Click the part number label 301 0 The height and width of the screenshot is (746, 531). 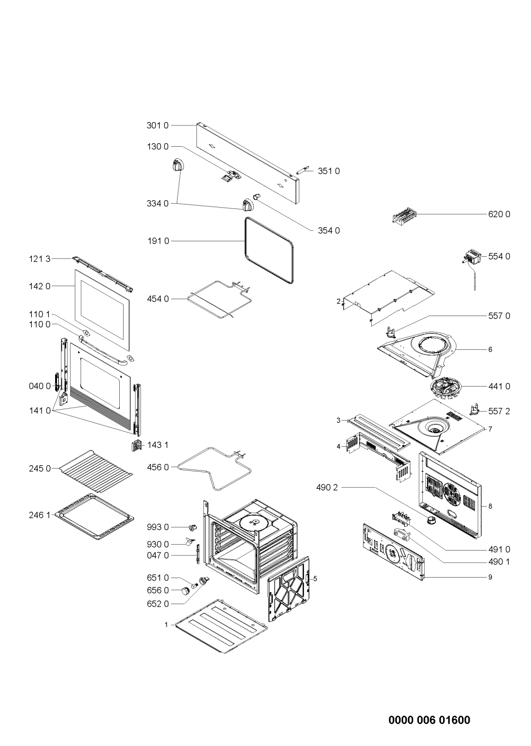[158, 126]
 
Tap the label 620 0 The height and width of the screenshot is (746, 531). [499, 214]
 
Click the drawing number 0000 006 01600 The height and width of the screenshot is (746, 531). [429, 720]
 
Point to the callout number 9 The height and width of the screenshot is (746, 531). [489, 577]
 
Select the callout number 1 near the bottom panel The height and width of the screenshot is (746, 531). [167, 624]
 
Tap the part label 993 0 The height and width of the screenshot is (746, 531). [158, 527]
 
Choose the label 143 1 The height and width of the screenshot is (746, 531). [157, 444]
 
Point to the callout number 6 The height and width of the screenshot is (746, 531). [489, 349]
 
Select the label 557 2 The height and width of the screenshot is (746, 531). [499, 412]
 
